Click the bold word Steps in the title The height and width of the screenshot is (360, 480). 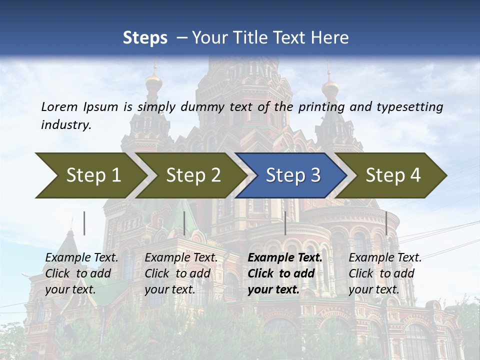click(145, 37)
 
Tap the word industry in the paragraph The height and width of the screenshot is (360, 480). click(66, 124)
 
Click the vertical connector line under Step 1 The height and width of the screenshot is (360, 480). click(84, 223)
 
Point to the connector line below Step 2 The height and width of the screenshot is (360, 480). click(184, 223)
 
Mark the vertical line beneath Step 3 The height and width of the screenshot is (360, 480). click(285, 223)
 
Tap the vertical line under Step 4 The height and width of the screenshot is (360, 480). click(386, 223)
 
